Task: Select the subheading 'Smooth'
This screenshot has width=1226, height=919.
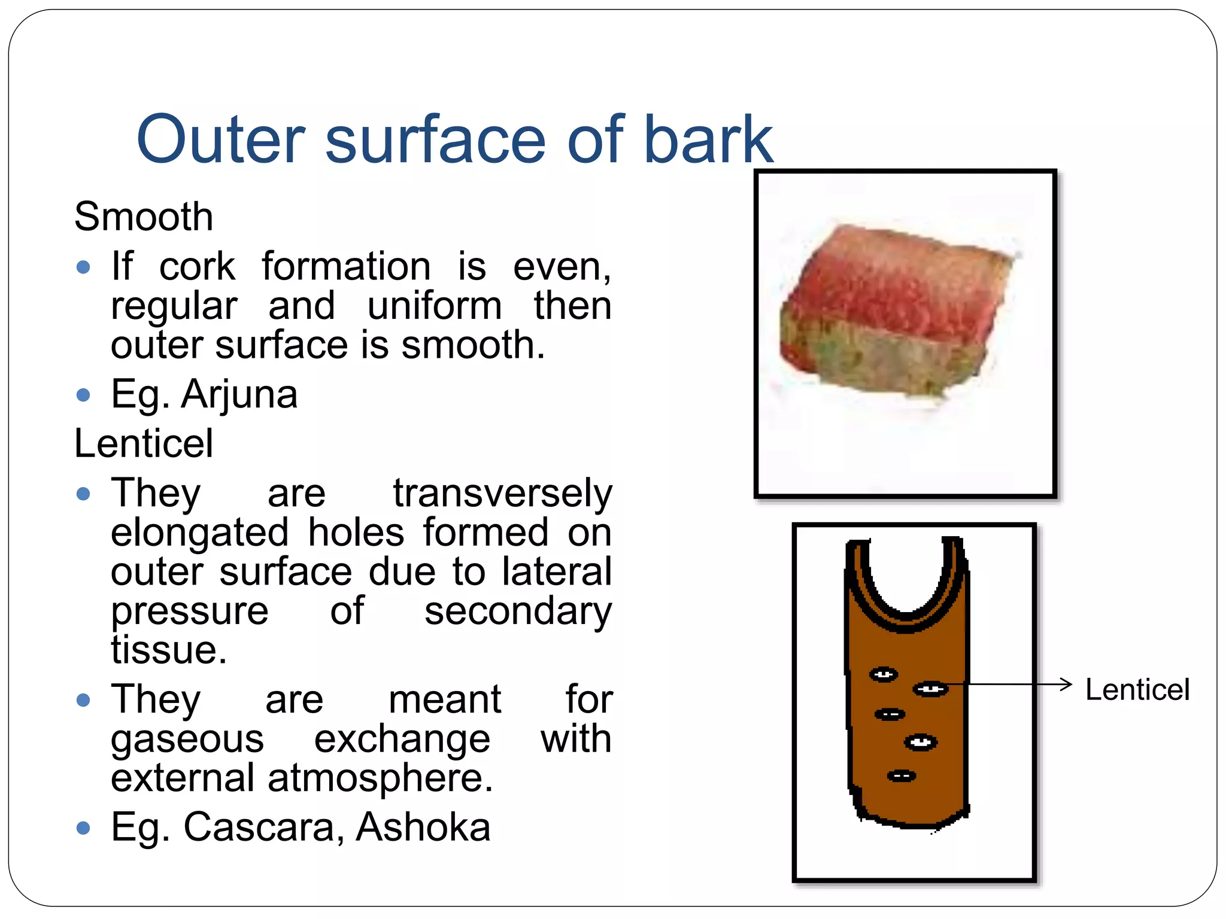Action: coord(144,216)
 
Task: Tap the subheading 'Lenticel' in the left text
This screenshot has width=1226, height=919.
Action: coord(144,443)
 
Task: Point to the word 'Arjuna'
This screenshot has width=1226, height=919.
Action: coord(239,394)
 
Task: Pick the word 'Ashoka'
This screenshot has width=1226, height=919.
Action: coord(423,827)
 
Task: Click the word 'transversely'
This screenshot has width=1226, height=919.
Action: coord(502,494)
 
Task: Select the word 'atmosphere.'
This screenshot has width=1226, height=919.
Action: coord(380,778)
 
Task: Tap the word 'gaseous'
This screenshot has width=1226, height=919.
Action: coord(187,739)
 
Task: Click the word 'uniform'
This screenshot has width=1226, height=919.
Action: coord(435,306)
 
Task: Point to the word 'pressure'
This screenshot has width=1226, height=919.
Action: coord(190,611)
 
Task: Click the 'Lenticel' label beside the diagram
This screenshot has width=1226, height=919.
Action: coord(1137,690)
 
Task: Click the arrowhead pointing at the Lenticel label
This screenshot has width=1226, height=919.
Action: coord(1066,684)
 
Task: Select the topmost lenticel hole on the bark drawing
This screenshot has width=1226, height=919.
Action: coord(884,675)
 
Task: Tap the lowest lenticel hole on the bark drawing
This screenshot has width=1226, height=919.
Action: coord(902,776)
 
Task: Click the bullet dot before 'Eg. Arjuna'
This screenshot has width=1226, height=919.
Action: coord(84,395)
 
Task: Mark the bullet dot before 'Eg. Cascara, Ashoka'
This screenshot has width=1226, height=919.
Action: coord(84,829)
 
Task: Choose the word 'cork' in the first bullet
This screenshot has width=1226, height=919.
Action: coord(197,266)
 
